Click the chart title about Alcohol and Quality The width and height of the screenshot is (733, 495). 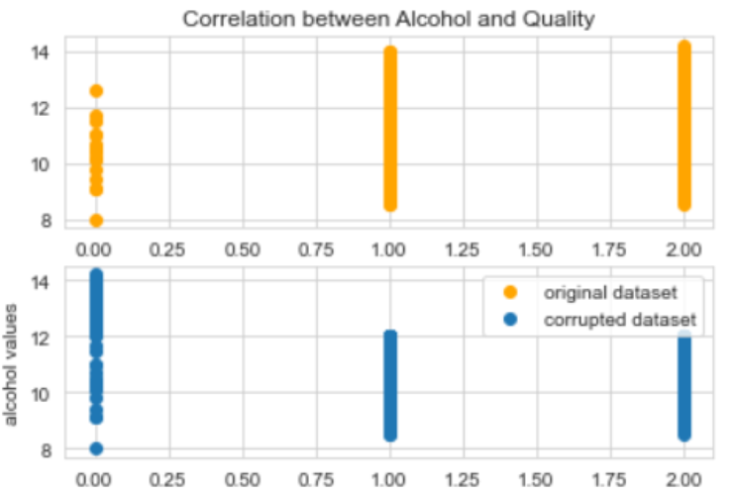[388, 18]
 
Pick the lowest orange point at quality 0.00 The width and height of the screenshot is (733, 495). [95, 220]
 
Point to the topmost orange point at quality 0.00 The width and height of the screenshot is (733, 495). [95, 91]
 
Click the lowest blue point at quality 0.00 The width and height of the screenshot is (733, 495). [95, 448]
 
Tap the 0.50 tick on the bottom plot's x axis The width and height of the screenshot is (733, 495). [243, 474]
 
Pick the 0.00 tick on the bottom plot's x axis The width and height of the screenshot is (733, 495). [95, 474]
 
